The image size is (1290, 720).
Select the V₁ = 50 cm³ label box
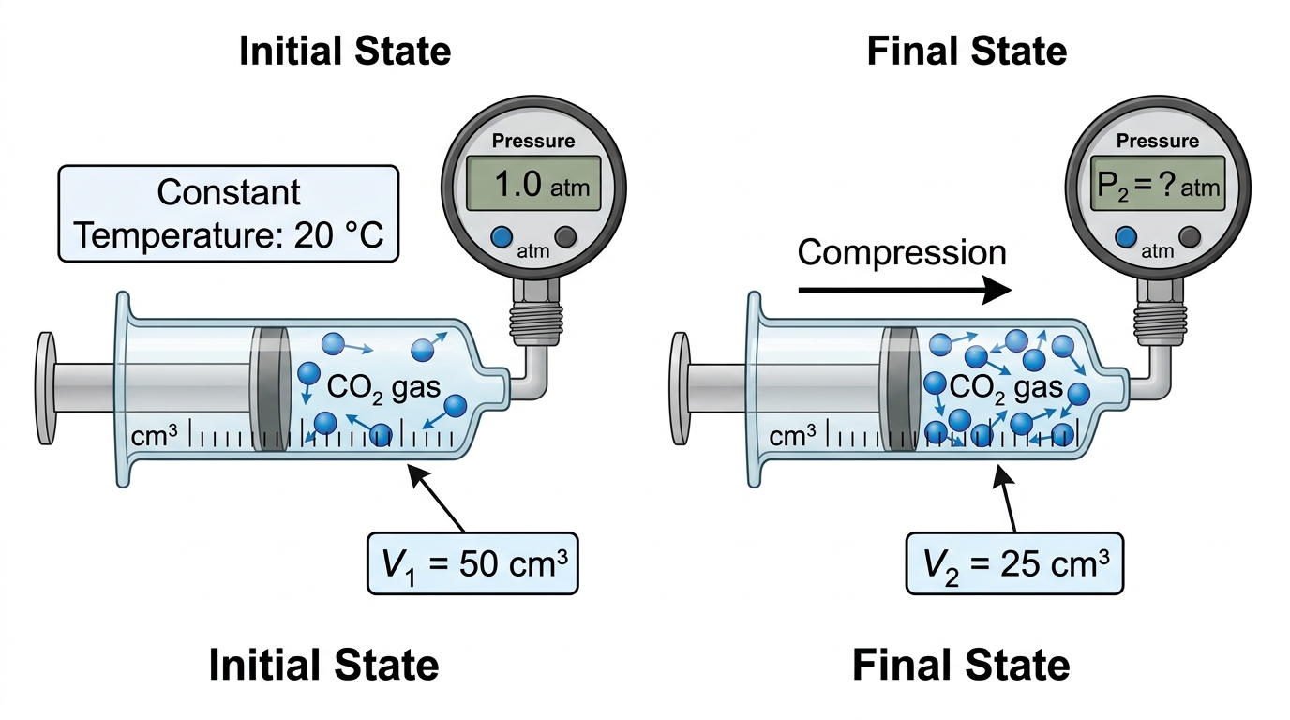click(472, 563)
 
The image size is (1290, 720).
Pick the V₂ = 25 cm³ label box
click(1014, 563)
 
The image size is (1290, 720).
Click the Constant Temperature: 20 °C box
click(229, 214)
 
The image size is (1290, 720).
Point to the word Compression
click(902, 252)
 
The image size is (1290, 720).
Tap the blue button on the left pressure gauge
click(502, 237)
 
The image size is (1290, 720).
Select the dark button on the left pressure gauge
click(565, 237)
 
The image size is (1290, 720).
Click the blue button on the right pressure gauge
click(1126, 237)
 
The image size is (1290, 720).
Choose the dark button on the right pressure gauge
click(1190, 237)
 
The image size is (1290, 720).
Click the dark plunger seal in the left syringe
click(270, 389)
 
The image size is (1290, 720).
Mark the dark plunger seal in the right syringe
click(900, 389)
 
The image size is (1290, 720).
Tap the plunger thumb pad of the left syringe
click(46, 388)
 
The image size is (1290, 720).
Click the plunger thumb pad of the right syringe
click(680, 388)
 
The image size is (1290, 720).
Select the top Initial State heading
click(345, 52)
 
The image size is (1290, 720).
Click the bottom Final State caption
click(961, 666)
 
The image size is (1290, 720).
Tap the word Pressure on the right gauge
click(1158, 141)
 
